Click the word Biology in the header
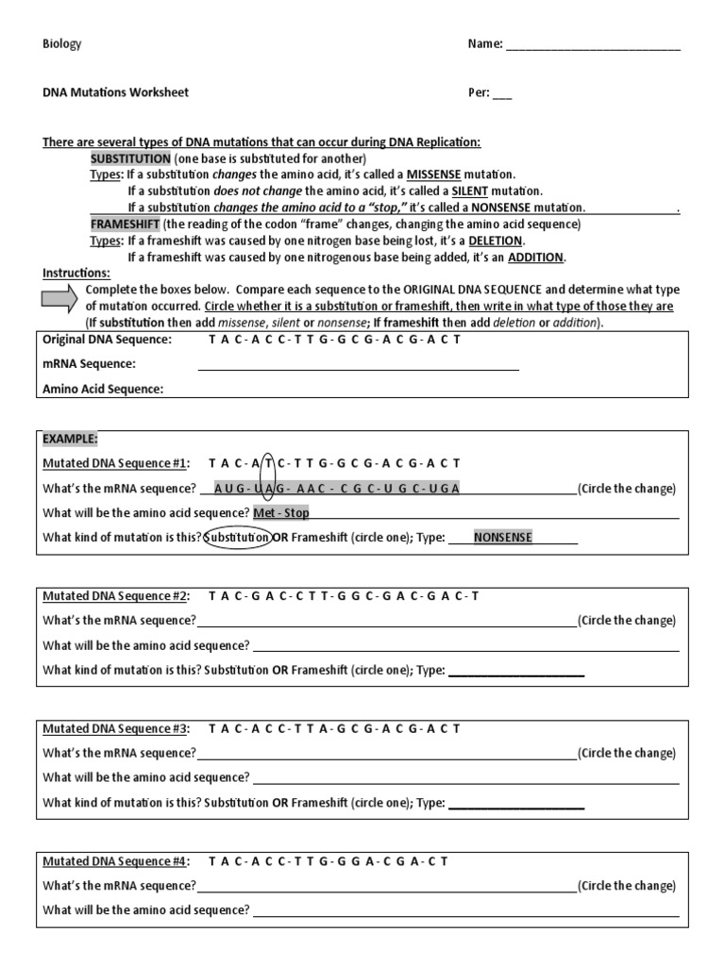coord(62,44)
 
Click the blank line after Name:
coord(593,46)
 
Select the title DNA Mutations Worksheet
coord(115,92)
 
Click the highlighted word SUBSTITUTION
coord(130,158)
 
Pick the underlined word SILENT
coord(456,191)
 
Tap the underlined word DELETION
coord(496,241)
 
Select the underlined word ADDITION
coord(535,257)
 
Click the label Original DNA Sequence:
coord(108,340)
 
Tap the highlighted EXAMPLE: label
coord(70,439)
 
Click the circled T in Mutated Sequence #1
coord(268,463)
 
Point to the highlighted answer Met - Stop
coord(281,513)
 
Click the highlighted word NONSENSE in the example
coord(502,538)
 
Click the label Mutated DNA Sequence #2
coord(116,596)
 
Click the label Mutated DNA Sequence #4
coord(116,861)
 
